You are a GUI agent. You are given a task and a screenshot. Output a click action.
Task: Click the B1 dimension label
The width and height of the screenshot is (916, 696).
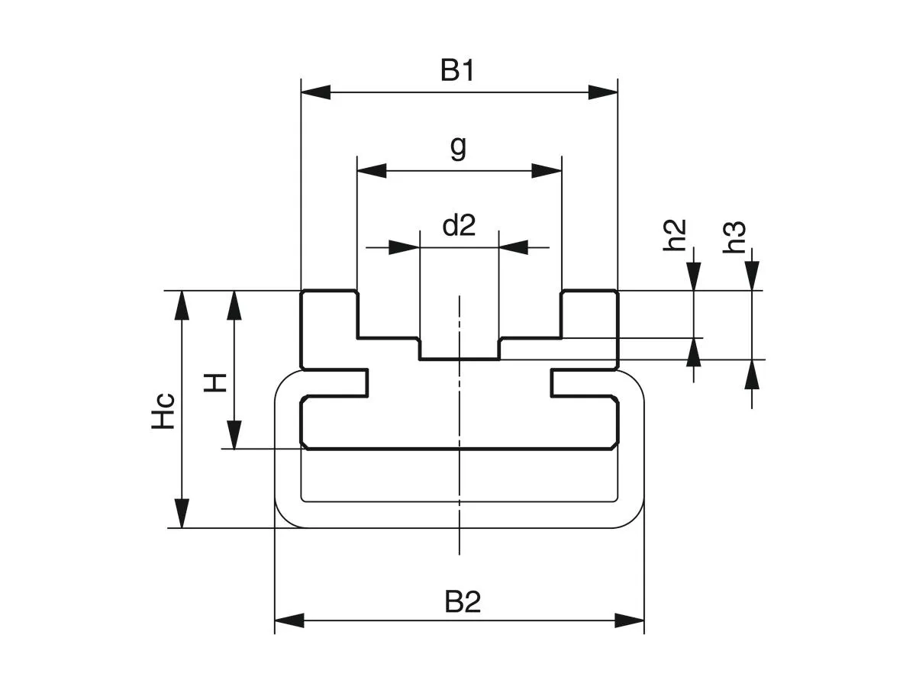(x=458, y=71)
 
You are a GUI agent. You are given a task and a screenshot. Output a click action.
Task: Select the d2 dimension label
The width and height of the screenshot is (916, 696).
(x=459, y=225)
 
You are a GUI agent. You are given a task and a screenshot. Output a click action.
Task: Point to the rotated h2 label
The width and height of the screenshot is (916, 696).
(x=676, y=235)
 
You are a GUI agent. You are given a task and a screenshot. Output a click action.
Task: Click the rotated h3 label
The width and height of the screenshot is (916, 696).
(x=734, y=237)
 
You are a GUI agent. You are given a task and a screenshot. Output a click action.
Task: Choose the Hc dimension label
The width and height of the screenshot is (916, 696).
(x=163, y=410)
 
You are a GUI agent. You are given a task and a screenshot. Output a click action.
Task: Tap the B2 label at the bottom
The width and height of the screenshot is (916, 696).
(x=463, y=603)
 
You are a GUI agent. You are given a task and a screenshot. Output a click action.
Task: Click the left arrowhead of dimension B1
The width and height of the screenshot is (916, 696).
(x=315, y=92)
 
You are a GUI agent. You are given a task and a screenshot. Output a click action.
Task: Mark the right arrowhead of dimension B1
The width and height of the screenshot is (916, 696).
(x=603, y=92)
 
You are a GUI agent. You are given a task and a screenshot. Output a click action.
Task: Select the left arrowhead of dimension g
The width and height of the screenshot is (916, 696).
(x=372, y=170)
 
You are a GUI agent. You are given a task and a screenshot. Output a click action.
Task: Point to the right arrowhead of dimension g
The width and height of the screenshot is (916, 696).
(x=547, y=170)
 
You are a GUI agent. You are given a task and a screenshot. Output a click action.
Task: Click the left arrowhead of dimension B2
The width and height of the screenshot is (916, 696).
(x=289, y=620)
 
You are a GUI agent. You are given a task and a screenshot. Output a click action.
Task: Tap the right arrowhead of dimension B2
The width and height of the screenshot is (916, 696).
(x=630, y=620)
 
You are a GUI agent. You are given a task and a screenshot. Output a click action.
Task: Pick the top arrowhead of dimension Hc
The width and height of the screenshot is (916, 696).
(x=182, y=305)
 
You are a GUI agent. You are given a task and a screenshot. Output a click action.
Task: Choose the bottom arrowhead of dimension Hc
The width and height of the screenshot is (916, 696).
(x=182, y=513)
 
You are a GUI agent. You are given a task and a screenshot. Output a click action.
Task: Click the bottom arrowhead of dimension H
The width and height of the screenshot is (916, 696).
(x=234, y=433)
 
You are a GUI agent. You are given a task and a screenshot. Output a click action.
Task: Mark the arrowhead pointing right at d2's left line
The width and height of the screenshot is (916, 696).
(x=405, y=247)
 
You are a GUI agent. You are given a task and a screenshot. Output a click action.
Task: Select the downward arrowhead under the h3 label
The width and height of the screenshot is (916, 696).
(x=753, y=275)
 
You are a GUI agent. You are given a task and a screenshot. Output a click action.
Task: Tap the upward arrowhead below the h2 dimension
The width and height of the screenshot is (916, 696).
(x=694, y=352)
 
